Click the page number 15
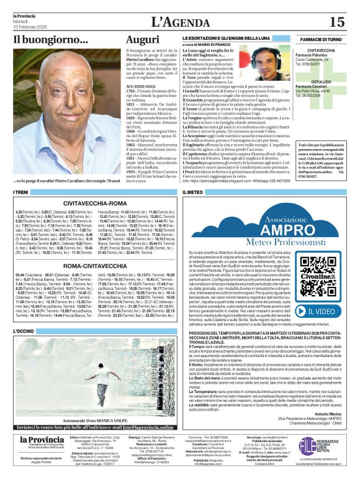pyautogui.click(x=336, y=22)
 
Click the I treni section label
pyautogui.click(x=20, y=193)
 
